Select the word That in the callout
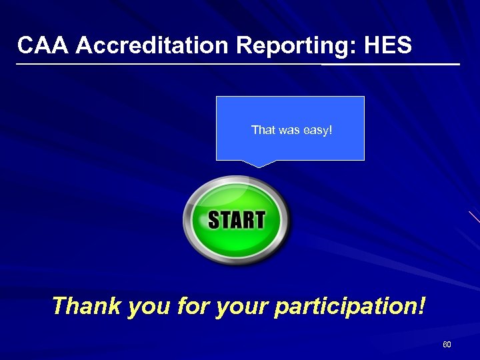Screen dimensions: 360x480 click(262, 129)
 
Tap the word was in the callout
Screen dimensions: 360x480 click(288, 129)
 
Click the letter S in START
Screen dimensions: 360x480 click(215, 220)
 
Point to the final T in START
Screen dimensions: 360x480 click(259, 220)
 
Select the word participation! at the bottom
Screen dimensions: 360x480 click(349, 307)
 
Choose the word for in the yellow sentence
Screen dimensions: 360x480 click(194, 307)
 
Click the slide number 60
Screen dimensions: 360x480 click(447, 345)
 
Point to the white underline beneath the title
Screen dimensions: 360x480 click(237, 65)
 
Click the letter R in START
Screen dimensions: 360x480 click(247, 220)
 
